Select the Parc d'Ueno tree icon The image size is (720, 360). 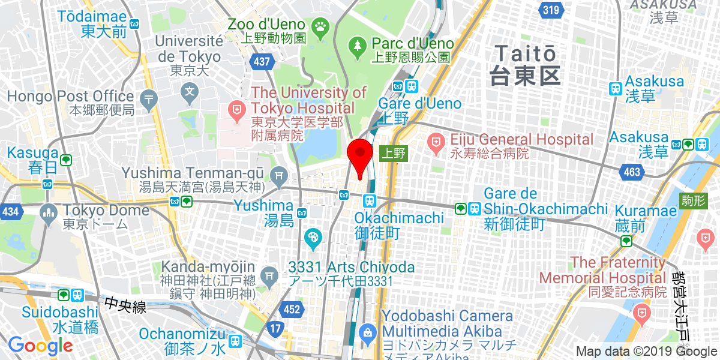pyautogui.click(x=358, y=44)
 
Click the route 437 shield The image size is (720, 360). pyautogui.click(x=263, y=61)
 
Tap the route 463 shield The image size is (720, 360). pyautogui.click(x=632, y=173)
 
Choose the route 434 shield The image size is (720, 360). pyautogui.click(x=10, y=212)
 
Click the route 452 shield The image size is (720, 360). pyautogui.click(x=292, y=309)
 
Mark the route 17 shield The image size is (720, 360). pyautogui.click(x=275, y=328)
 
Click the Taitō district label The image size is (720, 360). pyautogui.click(x=524, y=64)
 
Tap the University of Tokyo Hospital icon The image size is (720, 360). pyautogui.click(x=237, y=109)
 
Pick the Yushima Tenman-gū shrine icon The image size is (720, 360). pyautogui.click(x=278, y=176)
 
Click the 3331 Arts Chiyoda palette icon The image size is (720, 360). pyautogui.click(x=313, y=238)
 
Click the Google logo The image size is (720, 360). pyautogui.click(x=40, y=345)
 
